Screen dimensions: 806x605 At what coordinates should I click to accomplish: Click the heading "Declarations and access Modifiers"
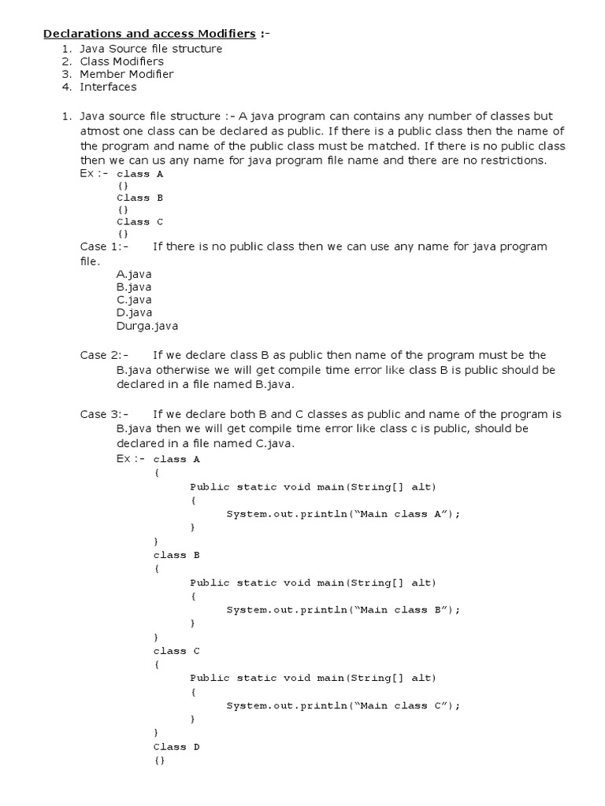(x=149, y=34)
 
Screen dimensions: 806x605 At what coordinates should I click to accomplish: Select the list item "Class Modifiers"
(x=121, y=61)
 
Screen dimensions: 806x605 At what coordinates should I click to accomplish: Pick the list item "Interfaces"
(x=108, y=87)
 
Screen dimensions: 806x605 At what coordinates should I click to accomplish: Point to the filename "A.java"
(x=134, y=274)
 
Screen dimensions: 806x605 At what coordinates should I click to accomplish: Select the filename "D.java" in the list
(x=134, y=312)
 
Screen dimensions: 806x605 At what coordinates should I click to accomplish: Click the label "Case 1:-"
(x=102, y=246)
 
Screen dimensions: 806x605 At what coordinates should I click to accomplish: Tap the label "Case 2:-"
(x=103, y=355)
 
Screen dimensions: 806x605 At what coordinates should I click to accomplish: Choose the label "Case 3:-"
(x=103, y=414)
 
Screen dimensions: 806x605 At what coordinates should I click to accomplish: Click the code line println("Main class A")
(x=343, y=514)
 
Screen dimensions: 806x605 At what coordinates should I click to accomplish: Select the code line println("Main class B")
(x=343, y=610)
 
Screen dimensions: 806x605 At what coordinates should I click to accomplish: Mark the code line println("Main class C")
(x=343, y=706)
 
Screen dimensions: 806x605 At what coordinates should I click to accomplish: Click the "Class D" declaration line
(x=176, y=746)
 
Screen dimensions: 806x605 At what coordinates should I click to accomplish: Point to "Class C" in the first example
(x=139, y=222)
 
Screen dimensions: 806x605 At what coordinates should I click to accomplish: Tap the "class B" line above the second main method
(x=176, y=555)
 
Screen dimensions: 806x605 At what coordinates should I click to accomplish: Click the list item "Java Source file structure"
(x=150, y=49)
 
